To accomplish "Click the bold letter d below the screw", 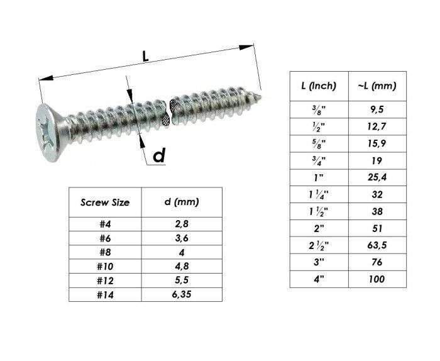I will pos(159,155).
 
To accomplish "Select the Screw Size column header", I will pos(105,203).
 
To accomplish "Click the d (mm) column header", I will pos(182,203).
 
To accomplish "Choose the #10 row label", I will pos(105,265).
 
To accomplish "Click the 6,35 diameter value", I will pos(182,294).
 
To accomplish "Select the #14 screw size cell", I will pos(105,294).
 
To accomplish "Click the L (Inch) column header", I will pos(319,86).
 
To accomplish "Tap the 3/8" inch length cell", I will pos(319,108).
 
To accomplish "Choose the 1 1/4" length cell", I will pos(319,194).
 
